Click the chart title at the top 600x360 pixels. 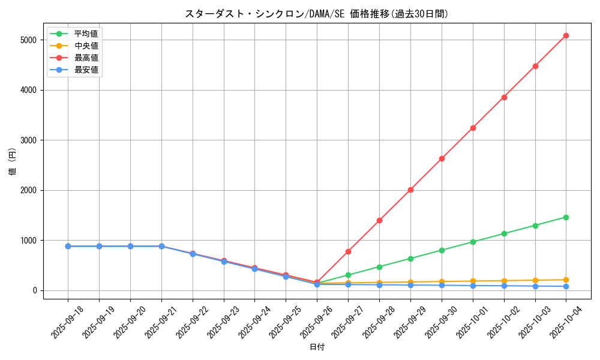(316, 14)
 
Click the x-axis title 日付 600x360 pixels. (317, 347)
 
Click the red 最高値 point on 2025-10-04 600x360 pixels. (566, 35)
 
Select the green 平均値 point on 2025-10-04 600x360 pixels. (566, 217)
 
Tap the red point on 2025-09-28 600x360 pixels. (379, 220)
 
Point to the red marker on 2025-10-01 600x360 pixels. (473, 128)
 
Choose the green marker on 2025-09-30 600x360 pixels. (442, 250)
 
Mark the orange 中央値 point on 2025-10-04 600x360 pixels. (566, 280)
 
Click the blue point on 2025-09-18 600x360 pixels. (68, 246)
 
